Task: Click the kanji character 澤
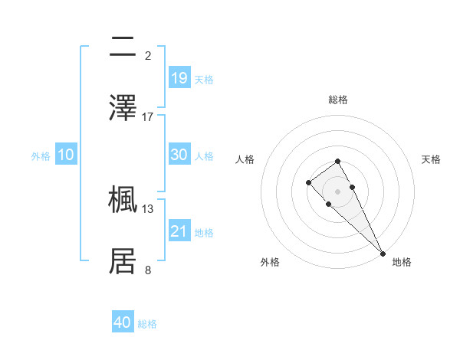coord(123,108)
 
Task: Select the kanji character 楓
coord(123,199)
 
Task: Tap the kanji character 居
coord(123,261)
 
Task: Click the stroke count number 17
coord(148,116)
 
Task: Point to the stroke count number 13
coord(148,208)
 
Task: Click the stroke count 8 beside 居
coord(148,270)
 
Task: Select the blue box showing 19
coord(179,77)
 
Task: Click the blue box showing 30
coord(179,155)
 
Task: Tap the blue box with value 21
coord(179,231)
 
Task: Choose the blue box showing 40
coord(123,322)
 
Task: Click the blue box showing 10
coord(66,155)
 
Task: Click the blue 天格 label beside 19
coord(204,80)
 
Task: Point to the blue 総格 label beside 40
coord(147,325)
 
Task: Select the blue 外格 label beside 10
coord(41,156)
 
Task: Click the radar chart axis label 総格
coord(337,100)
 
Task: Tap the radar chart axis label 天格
coord(432,159)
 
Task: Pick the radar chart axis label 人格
coord(245,159)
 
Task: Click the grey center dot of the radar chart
coord(337,191)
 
